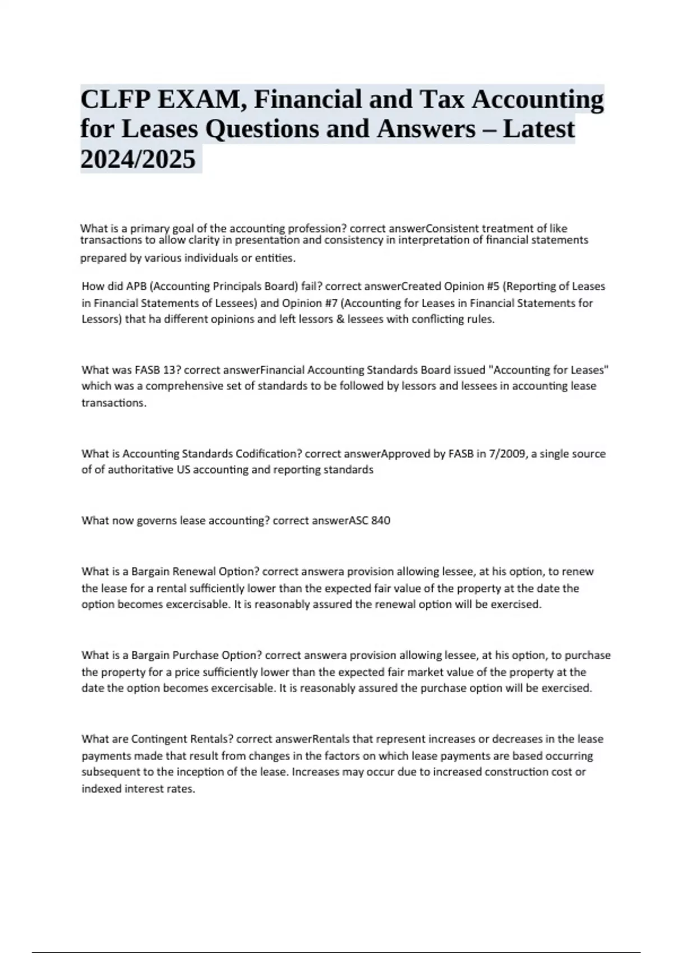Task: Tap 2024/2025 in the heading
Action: pos(138,159)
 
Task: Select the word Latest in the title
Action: pos(538,129)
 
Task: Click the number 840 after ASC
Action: pos(381,521)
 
